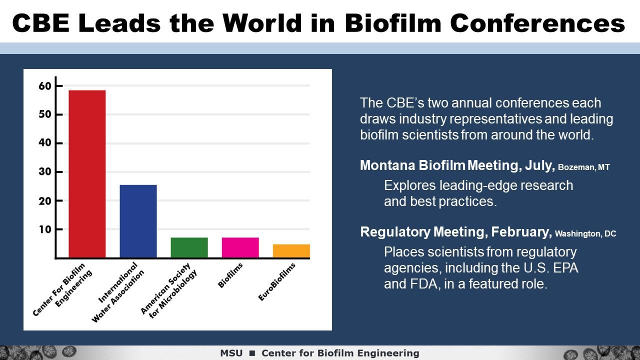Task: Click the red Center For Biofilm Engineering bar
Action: (87, 174)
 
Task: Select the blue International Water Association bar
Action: (138, 221)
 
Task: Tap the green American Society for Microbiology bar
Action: (189, 247)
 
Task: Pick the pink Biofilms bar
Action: (240, 247)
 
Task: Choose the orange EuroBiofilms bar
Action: (291, 251)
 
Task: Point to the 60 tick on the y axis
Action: (45, 86)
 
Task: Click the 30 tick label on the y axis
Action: (45, 172)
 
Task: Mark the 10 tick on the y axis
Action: (45, 229)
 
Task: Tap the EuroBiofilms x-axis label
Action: (277, 282)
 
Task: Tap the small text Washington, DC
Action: (585, 233)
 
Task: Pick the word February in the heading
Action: (521, 232)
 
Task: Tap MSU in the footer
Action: (231, 353)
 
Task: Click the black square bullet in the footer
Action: (252, 353)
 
